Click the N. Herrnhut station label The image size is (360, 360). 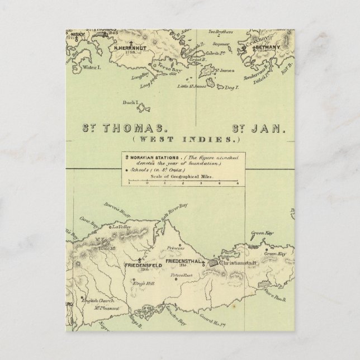[130, 49]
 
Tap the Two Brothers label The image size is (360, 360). [218, 32]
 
